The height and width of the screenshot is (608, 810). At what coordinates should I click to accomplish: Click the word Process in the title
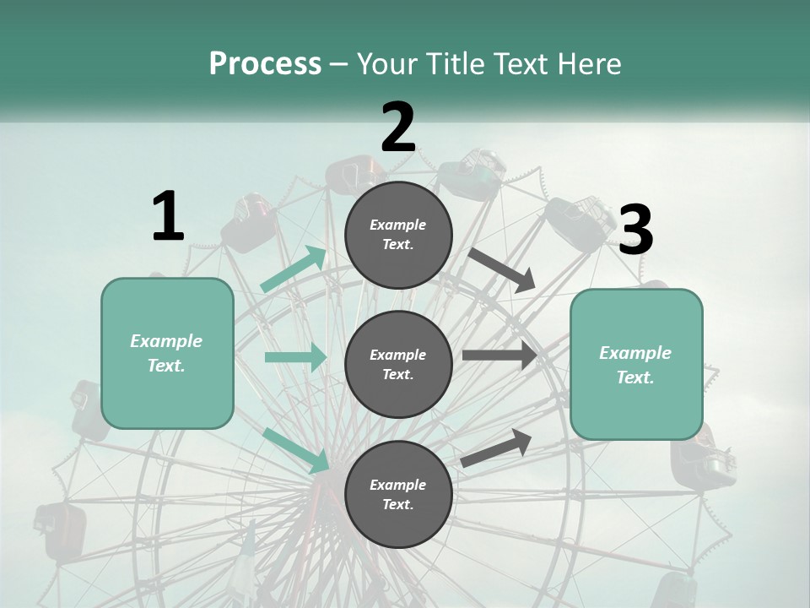pyautogui.click(x=265, y=64)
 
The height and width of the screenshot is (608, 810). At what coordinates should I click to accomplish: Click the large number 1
pyautogui.click(x=168, y=217)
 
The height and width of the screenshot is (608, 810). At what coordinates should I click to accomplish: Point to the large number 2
pyautogui.click(x=398, y=128)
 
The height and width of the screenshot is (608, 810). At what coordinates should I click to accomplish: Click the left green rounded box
pyautogui.click(x=167, y=353)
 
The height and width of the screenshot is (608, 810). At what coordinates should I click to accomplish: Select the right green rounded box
pyautogui.click(x=636, y=365)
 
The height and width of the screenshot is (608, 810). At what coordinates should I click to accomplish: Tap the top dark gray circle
pyautogui.click(x=398, y=235)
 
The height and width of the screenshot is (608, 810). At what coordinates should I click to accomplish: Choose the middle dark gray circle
pyautogui.click(x=398, y=364)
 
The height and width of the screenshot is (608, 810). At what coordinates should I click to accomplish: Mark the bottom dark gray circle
pyautogui.click(x=398, y=494)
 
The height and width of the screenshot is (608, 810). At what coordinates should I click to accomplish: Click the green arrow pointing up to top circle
pyautogui.click(x=294, y=269)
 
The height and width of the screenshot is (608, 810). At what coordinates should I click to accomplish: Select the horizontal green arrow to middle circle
pyautogui.click(x=295, y=357)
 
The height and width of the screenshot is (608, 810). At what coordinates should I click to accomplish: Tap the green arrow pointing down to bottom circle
pyautogui.click(x=296, y=450)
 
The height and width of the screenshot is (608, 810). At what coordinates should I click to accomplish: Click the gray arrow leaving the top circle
pyautogui.click(x=501, y=270)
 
